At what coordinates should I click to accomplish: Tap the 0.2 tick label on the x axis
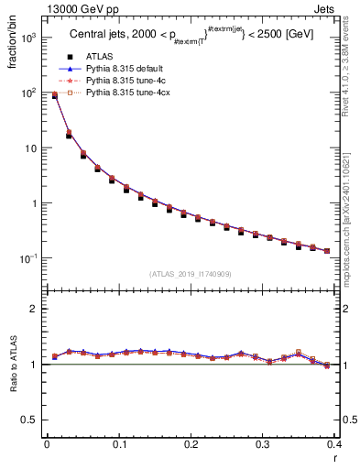[x=191, y=445]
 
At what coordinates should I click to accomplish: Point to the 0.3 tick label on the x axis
[x=263, y=445]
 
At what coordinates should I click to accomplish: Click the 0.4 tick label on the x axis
[x=333, y=445]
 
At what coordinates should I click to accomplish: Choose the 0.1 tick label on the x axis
[x=119, y=445]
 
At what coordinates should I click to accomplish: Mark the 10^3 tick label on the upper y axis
[x=29, y=38]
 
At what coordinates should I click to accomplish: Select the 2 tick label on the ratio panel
[x=37, y=309]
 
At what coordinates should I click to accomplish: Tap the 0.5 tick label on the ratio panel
[x=33, y=420]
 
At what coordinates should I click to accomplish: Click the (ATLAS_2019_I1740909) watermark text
[x=190, y=273]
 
